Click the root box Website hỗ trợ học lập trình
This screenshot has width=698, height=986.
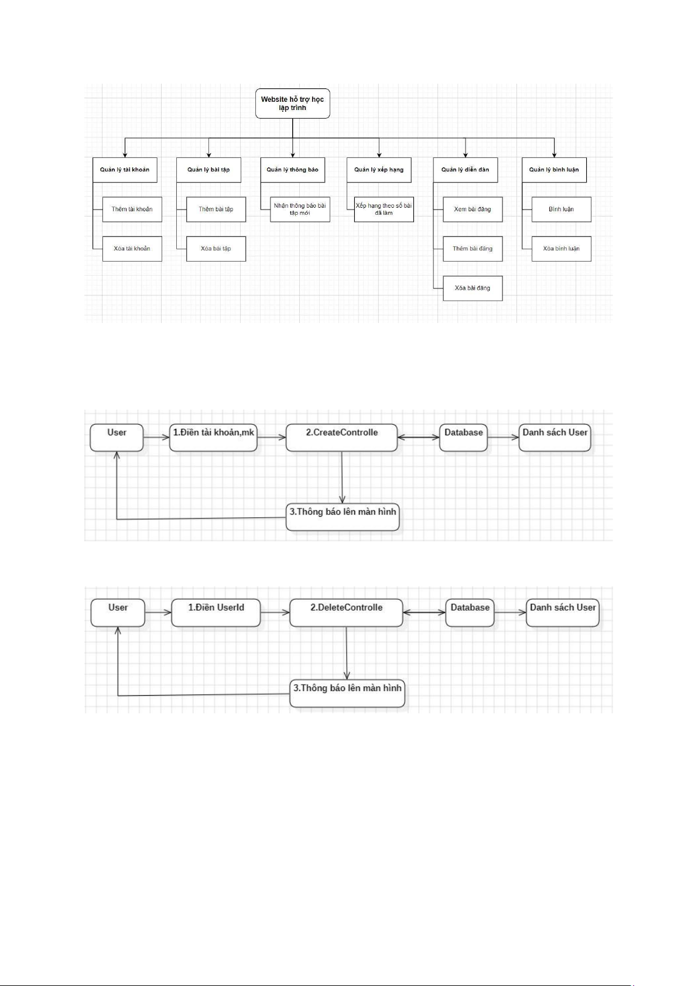(x=292, y=104)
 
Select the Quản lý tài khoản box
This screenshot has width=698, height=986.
(x=125, y=170)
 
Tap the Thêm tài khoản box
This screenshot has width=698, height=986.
(x=132, y=209)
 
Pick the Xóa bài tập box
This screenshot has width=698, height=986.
(x=216, y=249)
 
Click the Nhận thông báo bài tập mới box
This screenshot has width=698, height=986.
(x=300, y=209)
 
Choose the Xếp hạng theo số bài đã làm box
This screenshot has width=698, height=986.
(x=384, y=209)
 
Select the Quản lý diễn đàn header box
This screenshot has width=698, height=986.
(x=466, y=170)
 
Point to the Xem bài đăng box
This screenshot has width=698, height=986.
(x=473, y=209)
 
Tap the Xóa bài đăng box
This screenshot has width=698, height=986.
(x=473, y=288)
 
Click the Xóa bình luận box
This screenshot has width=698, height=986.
(x=562, y=249)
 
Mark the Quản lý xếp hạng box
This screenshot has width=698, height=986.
(x=379, y=170)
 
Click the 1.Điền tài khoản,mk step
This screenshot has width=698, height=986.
(x=214, y=438)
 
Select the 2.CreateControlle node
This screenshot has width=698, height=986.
(x=342, y=438)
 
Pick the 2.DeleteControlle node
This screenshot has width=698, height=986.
(x=346, y=613)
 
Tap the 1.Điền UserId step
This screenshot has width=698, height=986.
(x=216, y=613)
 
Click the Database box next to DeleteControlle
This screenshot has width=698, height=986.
(x=470, y=613)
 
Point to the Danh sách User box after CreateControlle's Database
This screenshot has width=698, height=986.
(x=555, y=438)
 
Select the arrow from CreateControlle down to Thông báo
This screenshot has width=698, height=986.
(x=342, y=477)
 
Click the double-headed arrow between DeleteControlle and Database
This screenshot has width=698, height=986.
(x=424, y=612)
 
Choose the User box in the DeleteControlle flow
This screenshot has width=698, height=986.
(x=118, y=613)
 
